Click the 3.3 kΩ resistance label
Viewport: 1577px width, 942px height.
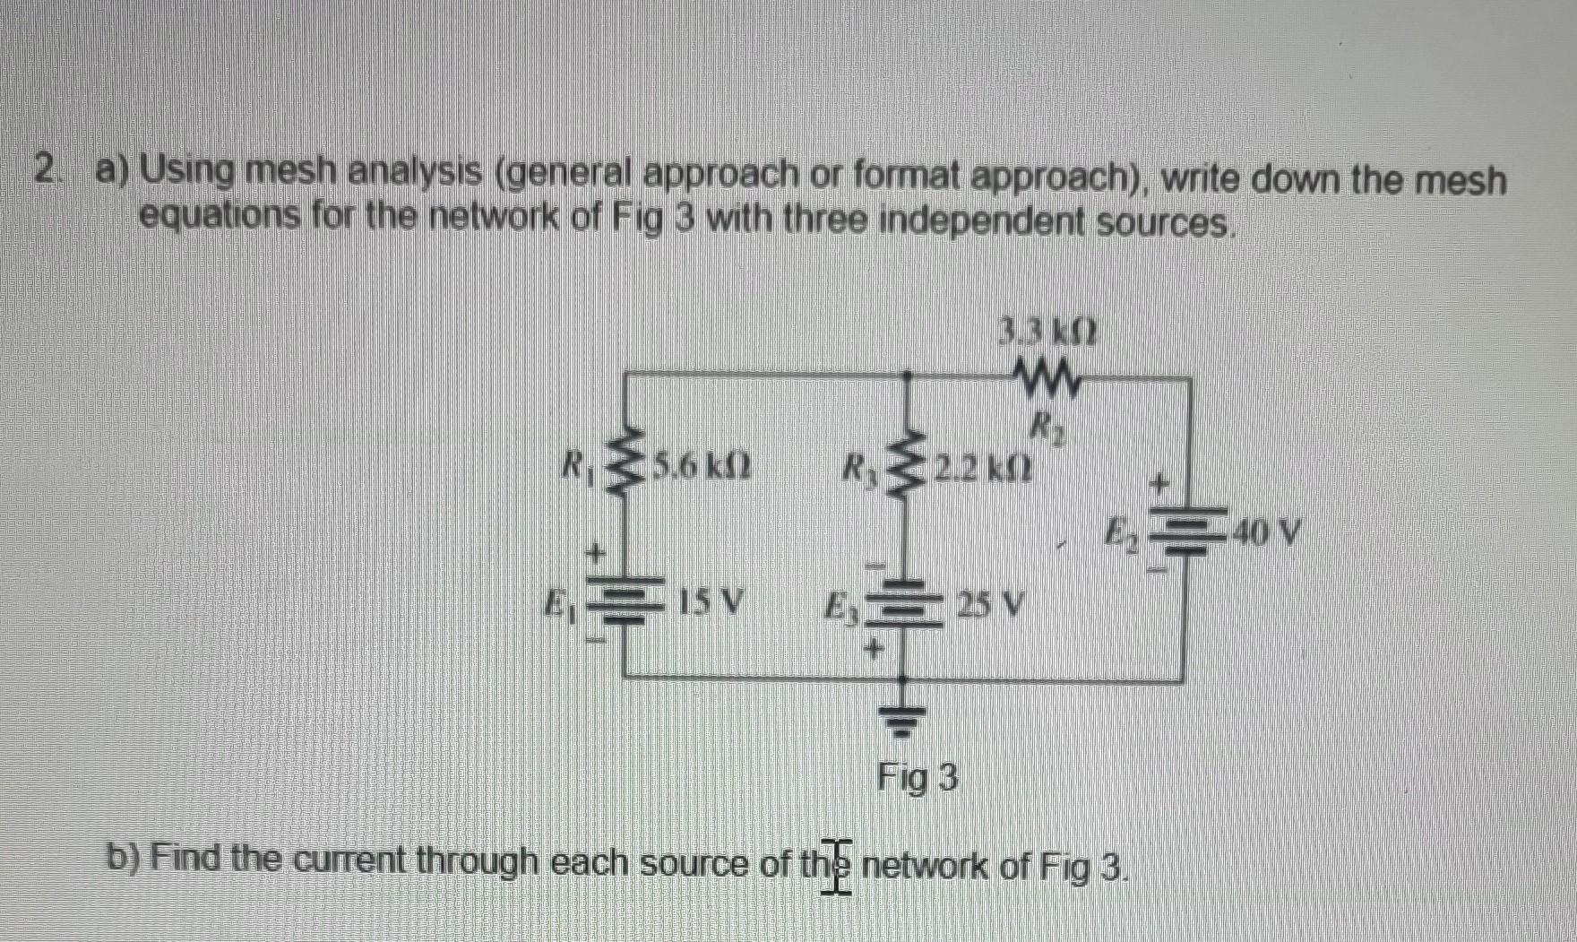1049,335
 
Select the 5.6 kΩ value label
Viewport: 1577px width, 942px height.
702,466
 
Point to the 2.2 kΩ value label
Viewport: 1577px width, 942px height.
982,466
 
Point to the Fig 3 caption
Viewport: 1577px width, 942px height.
918,777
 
